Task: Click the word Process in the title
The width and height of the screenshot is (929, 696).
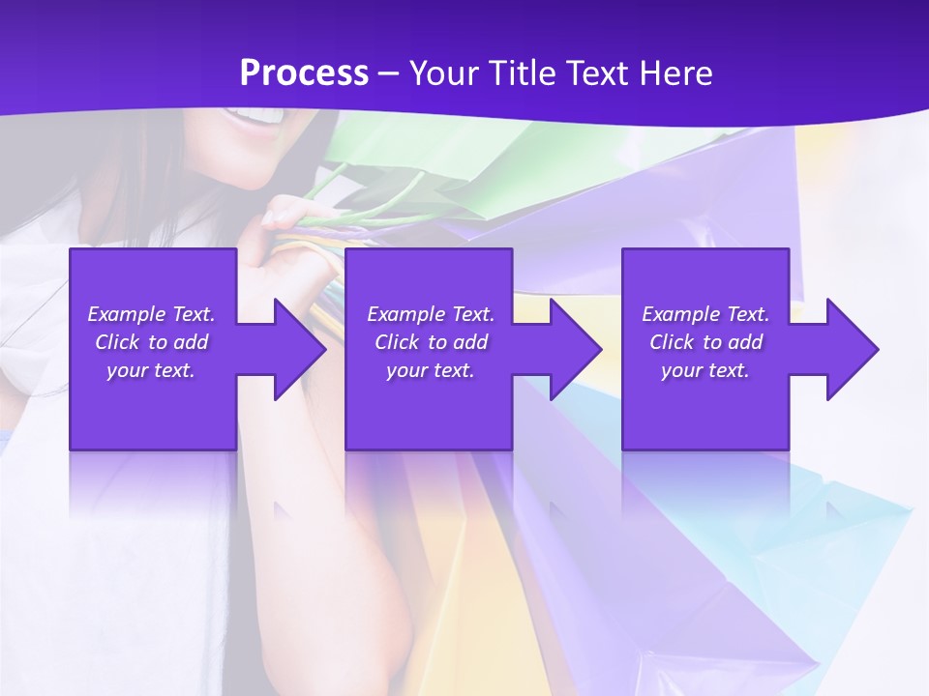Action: point(304,73)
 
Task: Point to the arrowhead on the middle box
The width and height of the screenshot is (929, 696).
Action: point(572,349)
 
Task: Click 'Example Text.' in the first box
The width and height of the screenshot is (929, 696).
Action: point(151,314)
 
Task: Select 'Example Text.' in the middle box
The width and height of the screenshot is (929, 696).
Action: point(431,314)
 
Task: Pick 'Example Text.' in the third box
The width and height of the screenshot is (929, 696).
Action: point(705,314)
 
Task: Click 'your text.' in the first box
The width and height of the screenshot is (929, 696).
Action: point(151,370)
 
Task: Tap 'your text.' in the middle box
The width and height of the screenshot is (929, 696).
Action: point(431,370)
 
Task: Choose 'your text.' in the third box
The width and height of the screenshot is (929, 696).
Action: point(705,370)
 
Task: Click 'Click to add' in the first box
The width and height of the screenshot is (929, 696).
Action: point(151,342)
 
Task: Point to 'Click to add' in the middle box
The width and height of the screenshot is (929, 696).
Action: point(431,342)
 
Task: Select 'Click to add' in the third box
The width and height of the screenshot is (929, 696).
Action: point(705,342)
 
